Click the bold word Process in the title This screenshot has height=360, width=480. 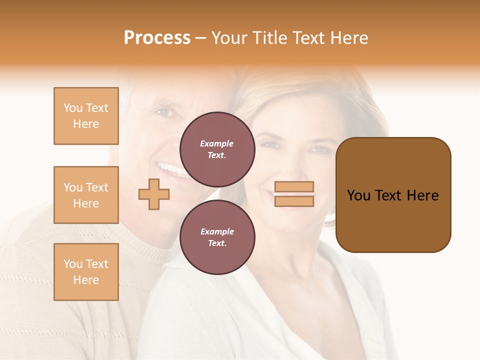(157, 38)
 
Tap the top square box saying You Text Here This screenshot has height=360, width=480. (86, 116)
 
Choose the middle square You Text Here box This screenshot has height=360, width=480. (86, 195)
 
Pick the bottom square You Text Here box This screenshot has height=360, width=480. (86, 272)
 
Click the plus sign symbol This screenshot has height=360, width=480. (154, 194)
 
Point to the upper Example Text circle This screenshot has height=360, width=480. (217, 149)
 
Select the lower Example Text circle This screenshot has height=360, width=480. (217, 237)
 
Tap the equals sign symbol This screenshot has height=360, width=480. (294, 194)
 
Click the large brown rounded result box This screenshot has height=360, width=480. (393, 194)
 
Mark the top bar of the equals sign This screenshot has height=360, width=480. (294, 187)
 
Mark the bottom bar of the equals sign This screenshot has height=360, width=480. (294, 201)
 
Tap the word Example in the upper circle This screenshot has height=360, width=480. (217, 143)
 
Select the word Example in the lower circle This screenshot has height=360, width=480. (217, 231)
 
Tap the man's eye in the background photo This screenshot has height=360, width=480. (163, 112)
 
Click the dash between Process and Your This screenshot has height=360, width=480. (201, 38)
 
